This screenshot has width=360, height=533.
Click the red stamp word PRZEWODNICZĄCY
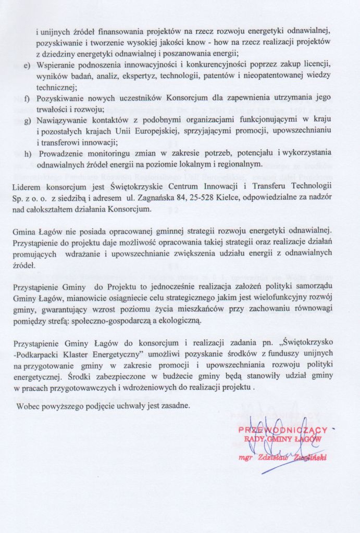[282, 430]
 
